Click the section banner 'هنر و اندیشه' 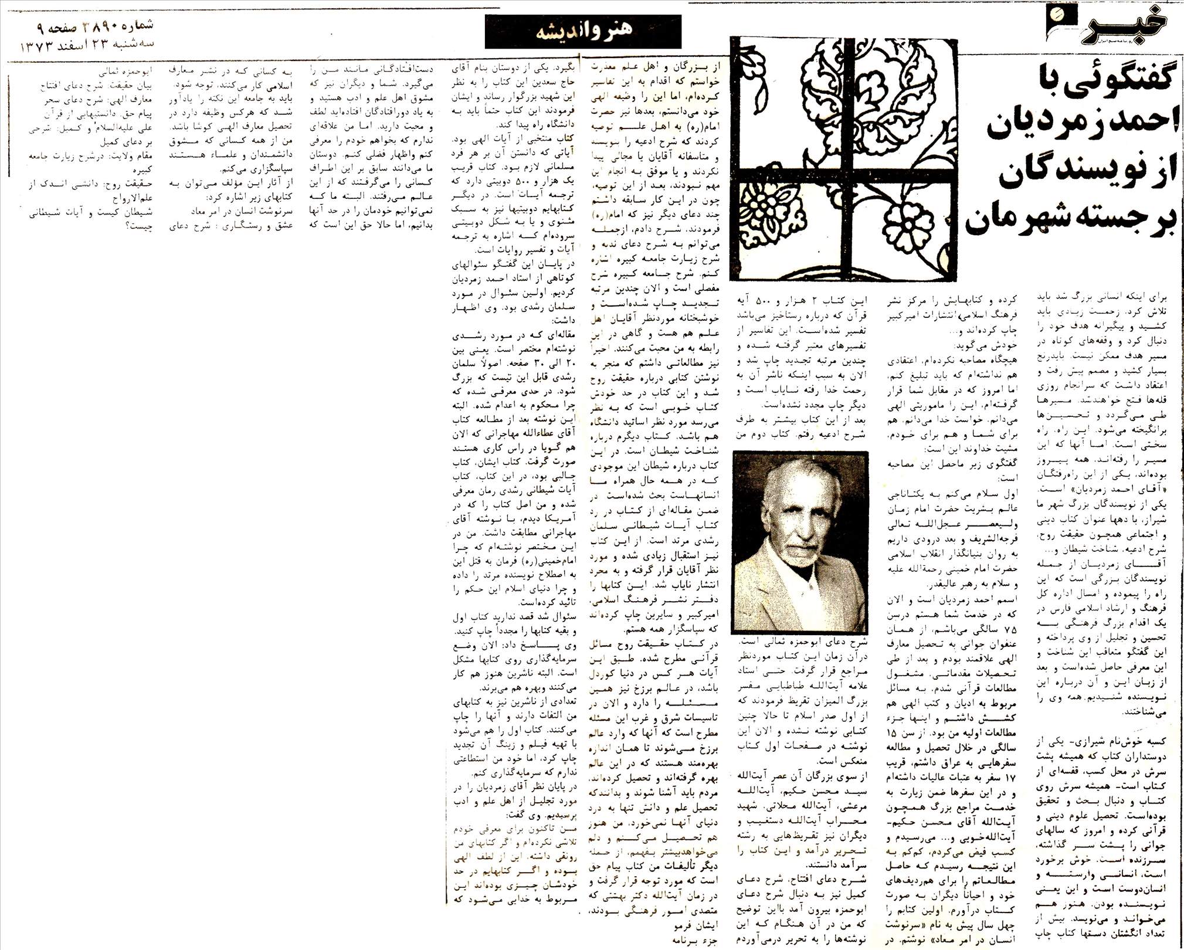pos(583,30)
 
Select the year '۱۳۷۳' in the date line pos(38,45)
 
